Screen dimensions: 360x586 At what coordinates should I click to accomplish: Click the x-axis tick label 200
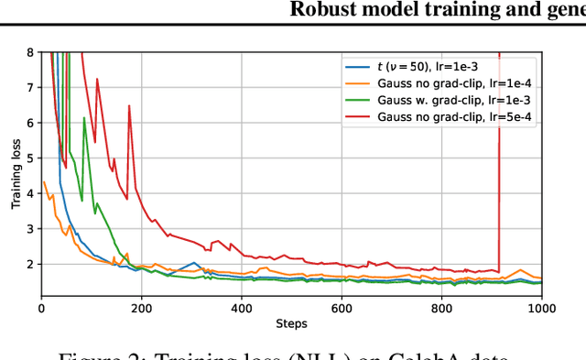coord(141,310)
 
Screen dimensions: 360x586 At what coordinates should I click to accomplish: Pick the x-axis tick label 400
coord(242,310)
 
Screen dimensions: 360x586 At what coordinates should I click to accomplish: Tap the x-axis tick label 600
coord(342,310)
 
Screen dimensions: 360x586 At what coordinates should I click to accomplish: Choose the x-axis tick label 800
coord(441,310)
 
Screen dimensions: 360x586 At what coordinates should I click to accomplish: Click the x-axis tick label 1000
coord(540,310)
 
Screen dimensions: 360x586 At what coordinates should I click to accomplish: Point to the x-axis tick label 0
coord(41,310)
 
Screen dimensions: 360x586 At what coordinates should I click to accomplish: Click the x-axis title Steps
coord(291,323)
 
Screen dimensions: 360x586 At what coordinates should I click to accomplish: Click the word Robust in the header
coord(320,10)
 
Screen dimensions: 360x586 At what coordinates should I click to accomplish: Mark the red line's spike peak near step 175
coord(129,106)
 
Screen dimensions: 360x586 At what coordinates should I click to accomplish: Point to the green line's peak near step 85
coord(84,118)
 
